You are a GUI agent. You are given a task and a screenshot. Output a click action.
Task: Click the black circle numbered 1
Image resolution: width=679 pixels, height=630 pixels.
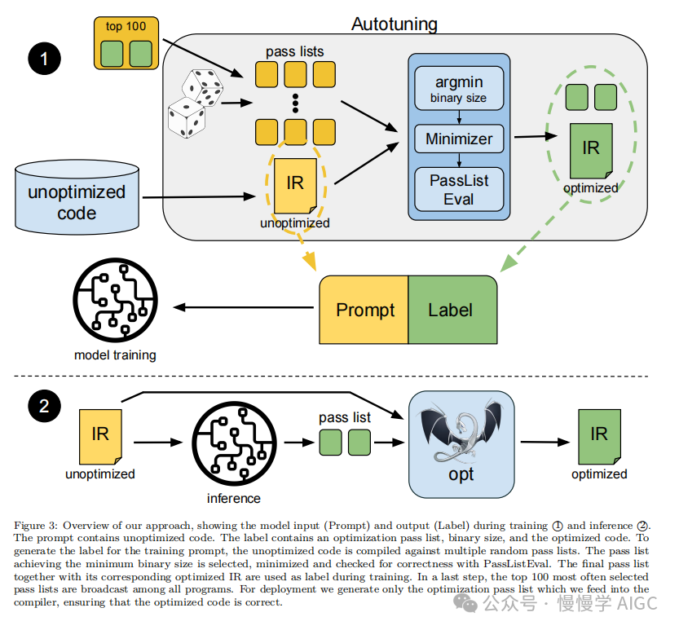[x=45, y=59]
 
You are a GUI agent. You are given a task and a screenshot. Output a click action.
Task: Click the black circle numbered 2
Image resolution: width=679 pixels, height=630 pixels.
[x=45, y=406]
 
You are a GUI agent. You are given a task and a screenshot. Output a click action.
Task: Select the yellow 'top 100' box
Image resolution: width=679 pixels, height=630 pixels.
[x=126, y=42]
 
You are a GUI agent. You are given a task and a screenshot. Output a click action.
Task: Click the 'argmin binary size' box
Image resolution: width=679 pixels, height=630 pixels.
[x=458, y=89]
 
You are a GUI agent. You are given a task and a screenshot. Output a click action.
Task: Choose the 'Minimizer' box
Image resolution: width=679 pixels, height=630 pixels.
[x=459, y=139]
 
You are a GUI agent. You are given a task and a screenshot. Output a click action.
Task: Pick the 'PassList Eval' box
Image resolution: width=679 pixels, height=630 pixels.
[x=459, y=189]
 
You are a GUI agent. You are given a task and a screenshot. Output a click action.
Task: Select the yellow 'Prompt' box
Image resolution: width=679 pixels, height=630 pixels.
[x=364, y=310]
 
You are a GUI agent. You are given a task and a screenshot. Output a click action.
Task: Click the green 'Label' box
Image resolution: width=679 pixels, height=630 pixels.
[x=452, y=310]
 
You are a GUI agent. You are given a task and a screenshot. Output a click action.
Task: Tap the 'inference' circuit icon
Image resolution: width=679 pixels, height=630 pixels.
[x=233, y=444]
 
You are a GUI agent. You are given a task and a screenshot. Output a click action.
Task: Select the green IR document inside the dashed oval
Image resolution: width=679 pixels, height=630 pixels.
[x=590, y=151]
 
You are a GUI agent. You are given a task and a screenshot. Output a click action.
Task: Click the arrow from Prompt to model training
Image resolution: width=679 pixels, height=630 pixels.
[x=245, y=307]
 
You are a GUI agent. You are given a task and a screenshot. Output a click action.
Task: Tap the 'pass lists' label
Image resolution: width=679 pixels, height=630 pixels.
[x=294, y=51]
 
